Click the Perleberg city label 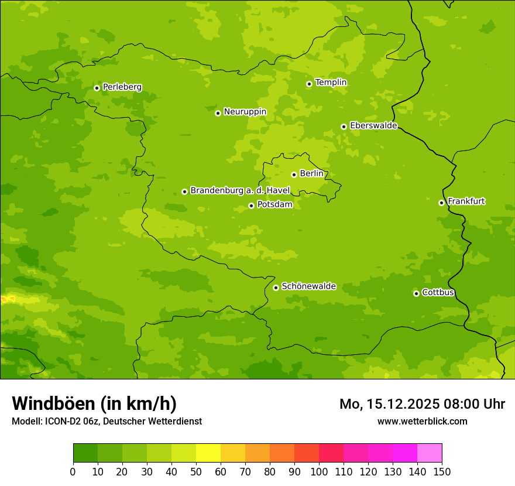(122, 87)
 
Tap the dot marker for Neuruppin (218, 113)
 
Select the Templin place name (331, 83)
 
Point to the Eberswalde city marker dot (344, 126)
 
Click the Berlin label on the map (311, 174)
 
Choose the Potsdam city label (274, 205)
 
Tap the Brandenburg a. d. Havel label (240, 191)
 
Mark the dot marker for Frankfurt (441, 203)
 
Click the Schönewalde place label (308, 286)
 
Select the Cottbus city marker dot (416, 293)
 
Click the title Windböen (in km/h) (94, 403)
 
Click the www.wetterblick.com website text (422, 421)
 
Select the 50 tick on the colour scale (196, 471)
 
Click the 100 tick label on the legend (319, 471)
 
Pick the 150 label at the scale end (442, 471)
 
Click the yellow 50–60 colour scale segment (208, 453)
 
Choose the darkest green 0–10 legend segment (85, 453)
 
